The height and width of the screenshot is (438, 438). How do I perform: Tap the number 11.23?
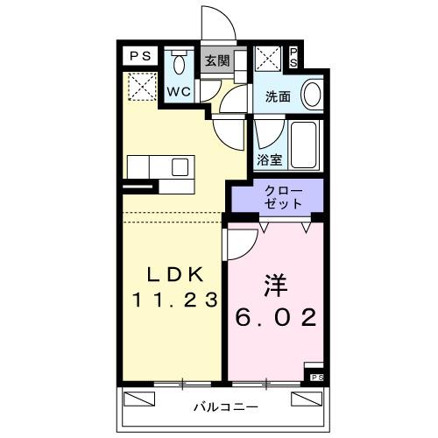pos(174,300)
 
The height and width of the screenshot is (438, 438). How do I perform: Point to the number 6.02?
pos(275,318)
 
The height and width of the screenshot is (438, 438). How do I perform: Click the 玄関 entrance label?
pos(216,61)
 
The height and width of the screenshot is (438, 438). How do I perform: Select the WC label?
pos(180,90)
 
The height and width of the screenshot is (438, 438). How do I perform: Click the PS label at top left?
pos(138,56)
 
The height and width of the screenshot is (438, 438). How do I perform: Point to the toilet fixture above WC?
pos(180,63)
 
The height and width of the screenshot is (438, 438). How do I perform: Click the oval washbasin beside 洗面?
pos(311,93)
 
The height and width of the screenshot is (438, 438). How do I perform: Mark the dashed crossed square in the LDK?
pos(140,86)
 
